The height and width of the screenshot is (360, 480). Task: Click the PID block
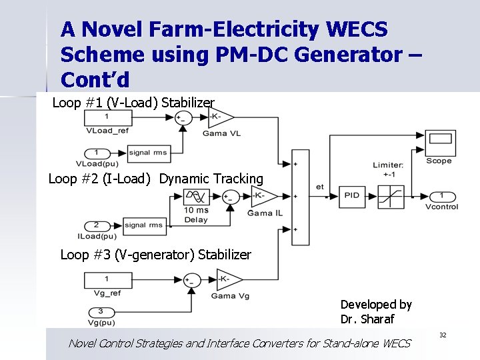point(351,195)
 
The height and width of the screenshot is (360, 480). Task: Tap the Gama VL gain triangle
point(220,117)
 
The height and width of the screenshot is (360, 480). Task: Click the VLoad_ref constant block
point(107,118)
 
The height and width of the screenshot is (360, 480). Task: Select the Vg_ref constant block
point(107,279)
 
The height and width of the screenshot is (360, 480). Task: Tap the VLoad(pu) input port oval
point(97,153)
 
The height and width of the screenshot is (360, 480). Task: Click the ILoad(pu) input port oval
point(96,225)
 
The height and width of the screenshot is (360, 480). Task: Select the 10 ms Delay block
point(195,197)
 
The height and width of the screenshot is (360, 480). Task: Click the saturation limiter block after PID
point(390,196)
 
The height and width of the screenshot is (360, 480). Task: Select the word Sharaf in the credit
point(377,319)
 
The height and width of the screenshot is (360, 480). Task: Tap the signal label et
point(319,187)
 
